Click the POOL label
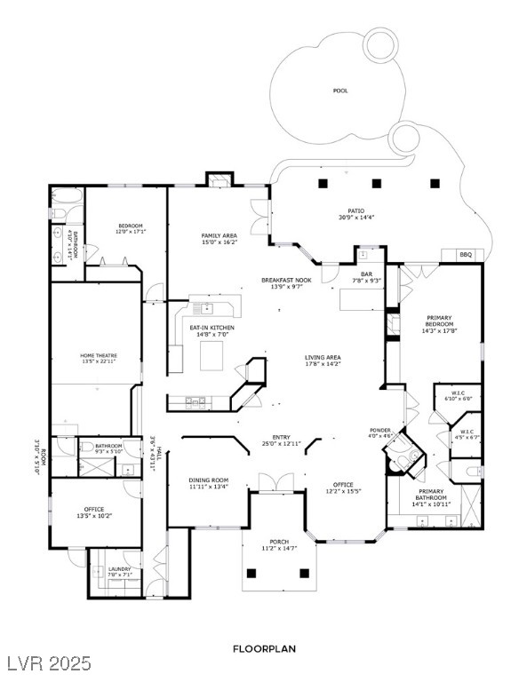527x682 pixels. pyautogui.click(x=340, y=91)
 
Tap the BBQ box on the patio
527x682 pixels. pyautogui.click(x=465, y=255)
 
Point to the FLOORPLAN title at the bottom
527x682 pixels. pyautogui.click(x=264, y=649)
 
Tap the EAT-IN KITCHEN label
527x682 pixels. pyautogui.click(x=212, y=329)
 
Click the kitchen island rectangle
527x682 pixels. pyautogui.click(x=212, y=355)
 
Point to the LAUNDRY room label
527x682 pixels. pyautogui.click(x=120, y=569)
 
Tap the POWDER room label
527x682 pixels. pyautogui.click(x=380, y=430)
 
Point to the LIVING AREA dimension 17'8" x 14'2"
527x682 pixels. pyautogui.click(x=323, y=362)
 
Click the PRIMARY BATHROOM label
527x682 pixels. pyautogui.click(x=431, y=495)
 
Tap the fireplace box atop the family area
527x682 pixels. pyautogui.click(x=220, y=179)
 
